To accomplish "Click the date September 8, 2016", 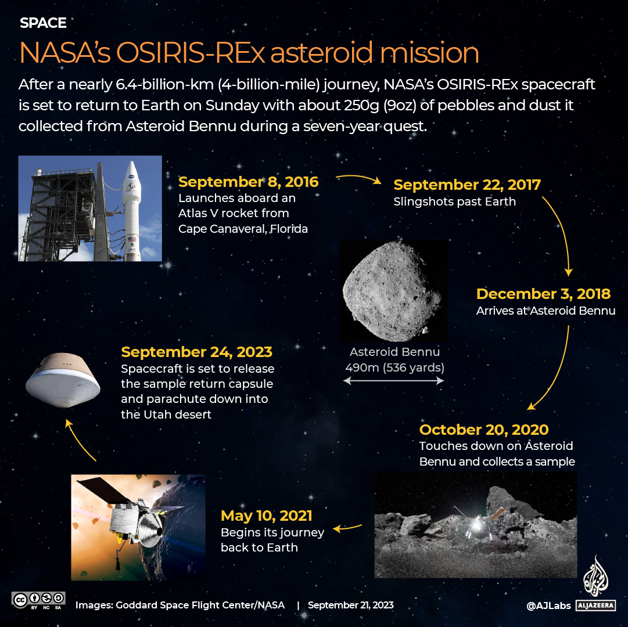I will [248, 182].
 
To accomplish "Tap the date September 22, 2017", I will [467, 185].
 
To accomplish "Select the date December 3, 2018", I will [543, 294].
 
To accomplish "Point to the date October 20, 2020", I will [484, 430].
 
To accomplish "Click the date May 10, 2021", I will [267, 516].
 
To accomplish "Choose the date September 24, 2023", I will [196, 352].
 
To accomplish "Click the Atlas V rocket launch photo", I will [90, 208].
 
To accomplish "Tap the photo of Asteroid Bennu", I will [394, 291].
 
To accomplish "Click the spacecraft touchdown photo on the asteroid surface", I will [476, 525].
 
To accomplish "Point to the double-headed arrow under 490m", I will [393, 381].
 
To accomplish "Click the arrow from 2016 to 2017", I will [358, 179].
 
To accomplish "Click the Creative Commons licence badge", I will [38, 600].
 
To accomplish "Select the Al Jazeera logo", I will [595, 583].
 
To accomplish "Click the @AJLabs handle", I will [548, 606].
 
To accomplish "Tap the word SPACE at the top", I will [43, 23].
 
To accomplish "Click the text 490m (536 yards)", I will [394, 367].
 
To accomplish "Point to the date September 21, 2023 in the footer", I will [350, 605].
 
